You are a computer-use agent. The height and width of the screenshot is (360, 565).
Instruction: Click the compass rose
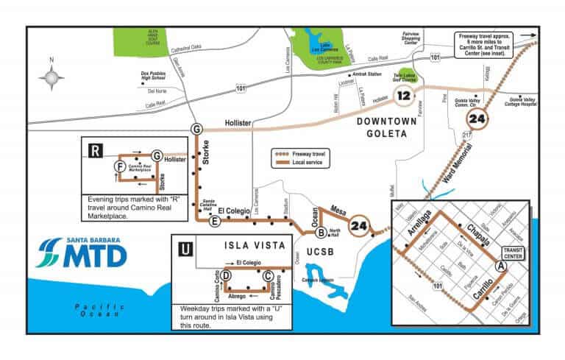(x=51, y=76)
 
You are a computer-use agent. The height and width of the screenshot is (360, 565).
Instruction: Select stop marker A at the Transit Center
(x=501, y=265)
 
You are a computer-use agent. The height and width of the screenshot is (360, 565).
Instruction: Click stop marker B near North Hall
(x=321, y=233)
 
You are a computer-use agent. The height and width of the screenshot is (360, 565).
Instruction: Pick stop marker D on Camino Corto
(x=227, y=275)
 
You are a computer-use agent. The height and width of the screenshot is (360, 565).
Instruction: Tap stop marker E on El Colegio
(x=215, y=221)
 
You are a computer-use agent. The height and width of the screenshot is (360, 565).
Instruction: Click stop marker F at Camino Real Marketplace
(x=119, y=167)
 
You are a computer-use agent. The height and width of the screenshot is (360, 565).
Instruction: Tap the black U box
(x=186, y=248)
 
